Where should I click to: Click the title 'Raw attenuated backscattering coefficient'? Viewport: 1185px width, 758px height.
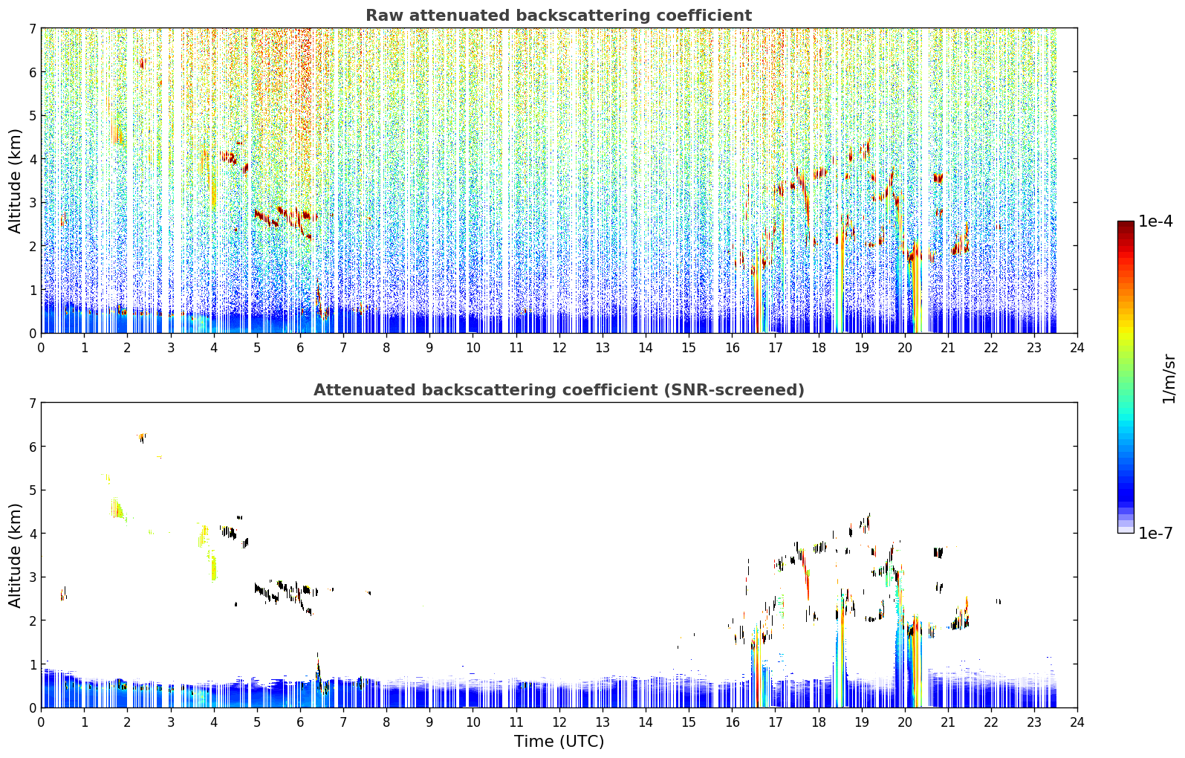point(559,16)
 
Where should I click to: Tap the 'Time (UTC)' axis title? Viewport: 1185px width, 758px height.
point(559,742)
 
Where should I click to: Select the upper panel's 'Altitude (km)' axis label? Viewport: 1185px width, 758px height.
point(15,181)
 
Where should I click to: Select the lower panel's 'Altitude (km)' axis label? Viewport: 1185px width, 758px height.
point(15,555)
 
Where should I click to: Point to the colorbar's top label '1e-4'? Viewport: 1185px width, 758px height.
point(1155,221)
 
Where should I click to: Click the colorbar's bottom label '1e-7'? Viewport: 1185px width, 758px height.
point(1155,533)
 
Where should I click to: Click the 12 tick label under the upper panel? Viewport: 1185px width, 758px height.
point(559,348)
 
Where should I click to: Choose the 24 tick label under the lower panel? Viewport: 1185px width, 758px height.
point(1077,722)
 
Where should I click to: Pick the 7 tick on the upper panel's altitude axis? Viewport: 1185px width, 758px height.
point(33,28)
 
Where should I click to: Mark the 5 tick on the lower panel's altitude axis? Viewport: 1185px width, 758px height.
point(33,490)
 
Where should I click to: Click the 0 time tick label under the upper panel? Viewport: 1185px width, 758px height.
point(42,348)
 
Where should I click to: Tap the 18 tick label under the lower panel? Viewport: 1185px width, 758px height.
point(819,722)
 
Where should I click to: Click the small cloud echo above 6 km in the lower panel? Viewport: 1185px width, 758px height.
point(141,437)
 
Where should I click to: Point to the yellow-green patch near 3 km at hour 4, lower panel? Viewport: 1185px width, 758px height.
point(213,566)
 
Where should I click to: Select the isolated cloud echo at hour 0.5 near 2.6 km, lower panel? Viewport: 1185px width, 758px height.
point(63,593)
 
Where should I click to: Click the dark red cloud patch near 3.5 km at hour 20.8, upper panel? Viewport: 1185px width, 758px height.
point(938,178)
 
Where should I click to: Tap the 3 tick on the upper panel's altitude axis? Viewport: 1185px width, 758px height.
point(33,203)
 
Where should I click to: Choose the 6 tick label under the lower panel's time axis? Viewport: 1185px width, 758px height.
point(300,722)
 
